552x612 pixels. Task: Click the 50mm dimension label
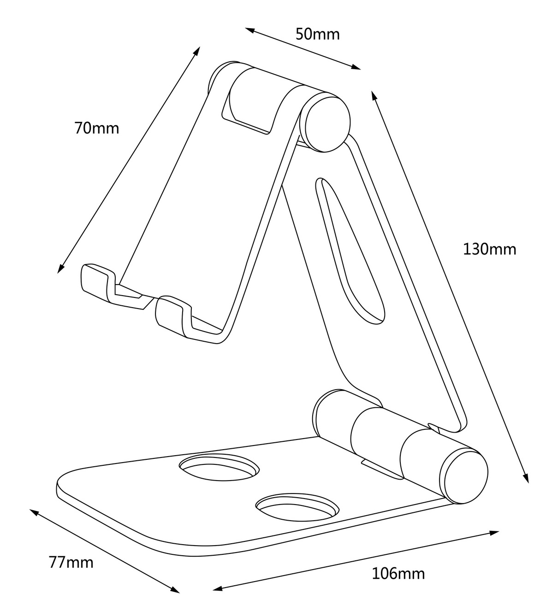(318, 34)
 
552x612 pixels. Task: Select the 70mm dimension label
(97, 128)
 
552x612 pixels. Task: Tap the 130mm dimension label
(489, 249)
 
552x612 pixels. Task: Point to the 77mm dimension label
(71, 562)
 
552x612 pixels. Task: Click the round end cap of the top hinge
(324, 122)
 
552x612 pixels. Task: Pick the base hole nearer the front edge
(297, 507)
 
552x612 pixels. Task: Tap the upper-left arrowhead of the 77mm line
(34, 511)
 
